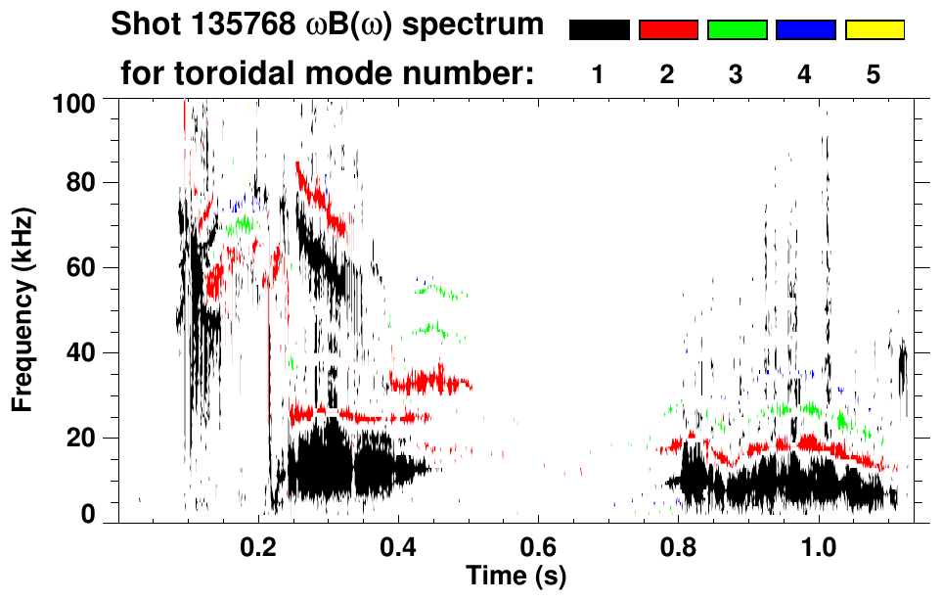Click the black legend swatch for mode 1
click(600, 30)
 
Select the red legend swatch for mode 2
click(668, 30)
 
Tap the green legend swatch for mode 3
click(737, 30)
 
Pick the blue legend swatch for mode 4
click(805, 30)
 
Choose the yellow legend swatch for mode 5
click(874, 30)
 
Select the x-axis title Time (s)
click(516, 575)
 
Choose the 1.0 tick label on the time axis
click(818, 547)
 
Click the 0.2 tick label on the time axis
click(258, 547)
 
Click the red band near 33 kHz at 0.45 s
click(431, 380)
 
